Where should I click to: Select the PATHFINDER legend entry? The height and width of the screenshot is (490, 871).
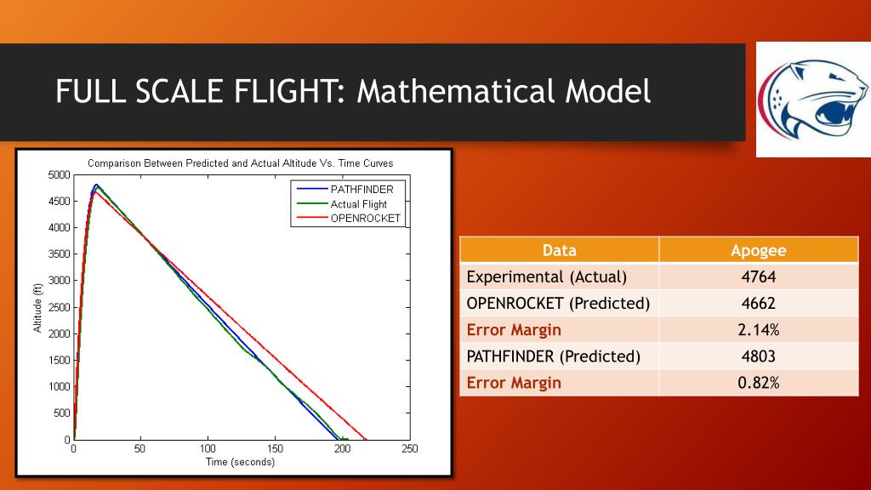361,190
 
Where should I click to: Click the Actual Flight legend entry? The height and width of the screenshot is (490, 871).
358,204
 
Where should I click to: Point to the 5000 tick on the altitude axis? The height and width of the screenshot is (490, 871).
59,175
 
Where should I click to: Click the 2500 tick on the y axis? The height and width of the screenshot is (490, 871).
59,307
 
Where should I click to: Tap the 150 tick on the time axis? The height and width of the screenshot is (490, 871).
275,448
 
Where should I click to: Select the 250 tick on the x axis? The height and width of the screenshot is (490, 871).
409,448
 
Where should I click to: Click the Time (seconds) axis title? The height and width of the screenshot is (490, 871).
241,462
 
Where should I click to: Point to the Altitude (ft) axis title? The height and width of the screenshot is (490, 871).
38,307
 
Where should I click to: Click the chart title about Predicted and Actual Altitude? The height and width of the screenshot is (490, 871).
241,162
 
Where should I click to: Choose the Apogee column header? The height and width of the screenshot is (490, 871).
758,250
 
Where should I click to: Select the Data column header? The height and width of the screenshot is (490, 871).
559,250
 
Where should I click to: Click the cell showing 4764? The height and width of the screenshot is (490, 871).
758,276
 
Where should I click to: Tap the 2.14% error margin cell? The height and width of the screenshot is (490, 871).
758,329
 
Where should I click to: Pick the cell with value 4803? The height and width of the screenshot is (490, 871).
758,356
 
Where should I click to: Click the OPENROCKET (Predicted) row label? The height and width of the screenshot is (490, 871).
558,303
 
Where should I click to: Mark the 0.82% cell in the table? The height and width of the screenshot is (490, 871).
758,383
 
